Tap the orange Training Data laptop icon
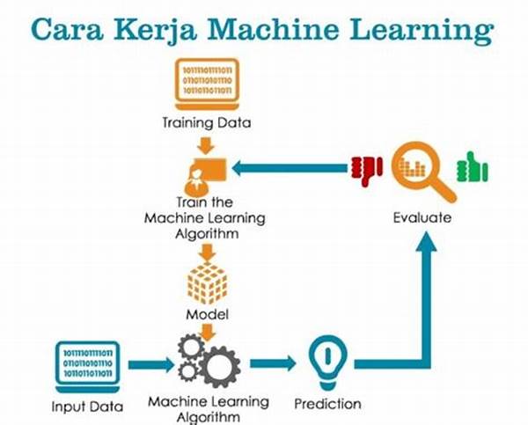[207, 84]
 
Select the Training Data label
[207, 122]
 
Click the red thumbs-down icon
[366, 171]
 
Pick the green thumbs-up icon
[472, 167]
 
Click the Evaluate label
[422, 217]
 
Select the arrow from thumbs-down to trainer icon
[290, 168]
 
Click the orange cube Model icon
[207, 283]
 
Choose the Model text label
[207, 314]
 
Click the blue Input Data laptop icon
[87, 367]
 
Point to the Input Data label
[87, 407]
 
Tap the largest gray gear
[219, 367]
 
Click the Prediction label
[327, 404]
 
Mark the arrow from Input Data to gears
[151, 364]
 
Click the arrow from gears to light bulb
[273, 363]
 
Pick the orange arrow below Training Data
[206, 145]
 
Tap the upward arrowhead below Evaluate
[426, 242]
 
